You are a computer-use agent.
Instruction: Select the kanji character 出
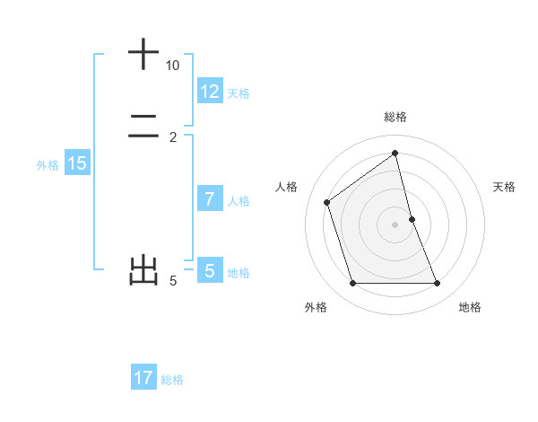click(143, 270)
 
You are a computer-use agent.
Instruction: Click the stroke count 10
click(172, 66)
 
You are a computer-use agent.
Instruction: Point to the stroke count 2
click(173, 137)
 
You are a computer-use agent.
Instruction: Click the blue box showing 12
click(210, 92)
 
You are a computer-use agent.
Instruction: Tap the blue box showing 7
click(210, 199)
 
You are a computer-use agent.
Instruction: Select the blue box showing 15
click(77, 163)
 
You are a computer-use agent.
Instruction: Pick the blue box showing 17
click(143, 378)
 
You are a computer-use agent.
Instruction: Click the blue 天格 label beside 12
click(239, 93)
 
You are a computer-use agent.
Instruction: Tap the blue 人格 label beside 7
click(239, 201)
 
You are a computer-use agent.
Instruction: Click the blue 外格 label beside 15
click(48, 165)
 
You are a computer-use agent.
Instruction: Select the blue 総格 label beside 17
click(172, 380)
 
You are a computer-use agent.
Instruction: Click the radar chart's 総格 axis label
click(395, 117)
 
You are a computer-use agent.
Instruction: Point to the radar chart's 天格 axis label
click(505, 187)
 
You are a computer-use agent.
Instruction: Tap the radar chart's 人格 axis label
click(287, 187)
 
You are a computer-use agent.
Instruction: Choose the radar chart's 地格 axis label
click(470, 307)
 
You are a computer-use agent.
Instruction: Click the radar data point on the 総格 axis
click(395, 153)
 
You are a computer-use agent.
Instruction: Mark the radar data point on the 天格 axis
click(412, 219)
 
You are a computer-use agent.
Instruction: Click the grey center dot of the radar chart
click(395, 224)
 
